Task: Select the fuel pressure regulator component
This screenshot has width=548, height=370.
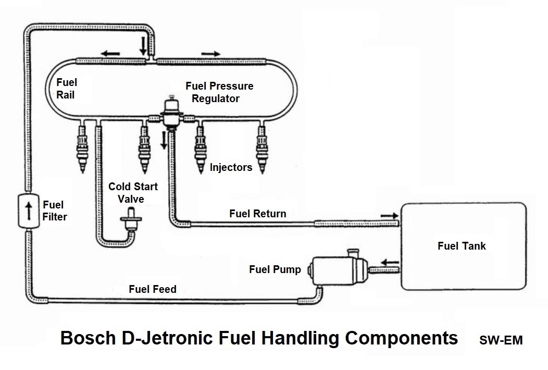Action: point(170,112)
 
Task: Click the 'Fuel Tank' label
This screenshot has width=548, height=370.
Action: point(462,245)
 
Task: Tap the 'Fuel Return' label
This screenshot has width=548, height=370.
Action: point(257,214)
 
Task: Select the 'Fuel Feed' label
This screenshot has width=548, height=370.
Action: point(153,289)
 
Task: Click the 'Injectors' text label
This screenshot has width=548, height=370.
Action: point(231,167)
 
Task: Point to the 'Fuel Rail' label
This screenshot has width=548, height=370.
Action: point(66,89)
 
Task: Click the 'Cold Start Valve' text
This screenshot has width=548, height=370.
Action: point(133,192)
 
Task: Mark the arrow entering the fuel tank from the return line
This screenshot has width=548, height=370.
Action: point(388,214)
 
